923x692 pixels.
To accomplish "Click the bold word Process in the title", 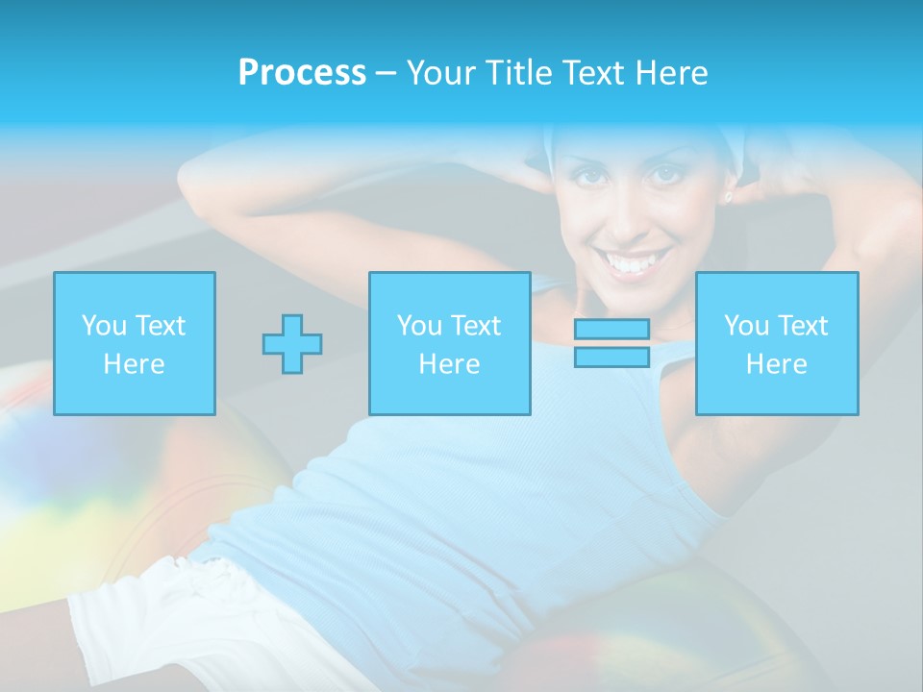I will pos(302,73).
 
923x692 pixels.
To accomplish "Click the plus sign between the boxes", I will pos(292,344).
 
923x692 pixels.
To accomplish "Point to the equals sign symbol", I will pos(611,343).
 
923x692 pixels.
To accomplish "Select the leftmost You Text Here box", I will pos(135,344).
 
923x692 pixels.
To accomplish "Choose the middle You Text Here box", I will pos(450,344).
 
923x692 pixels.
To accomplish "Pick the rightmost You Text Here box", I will pos(777,344).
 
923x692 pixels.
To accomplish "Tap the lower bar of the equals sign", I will pos(611,357).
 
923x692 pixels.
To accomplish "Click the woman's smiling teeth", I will pos(636,262).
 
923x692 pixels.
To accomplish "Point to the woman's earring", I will pos(728,197).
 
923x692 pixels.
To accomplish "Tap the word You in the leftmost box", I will pos(103,326).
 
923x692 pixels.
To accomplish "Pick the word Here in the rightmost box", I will pos(777,364).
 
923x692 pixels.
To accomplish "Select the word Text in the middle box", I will pos(476,326).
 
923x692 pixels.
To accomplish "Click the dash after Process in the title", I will pos(386,73).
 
